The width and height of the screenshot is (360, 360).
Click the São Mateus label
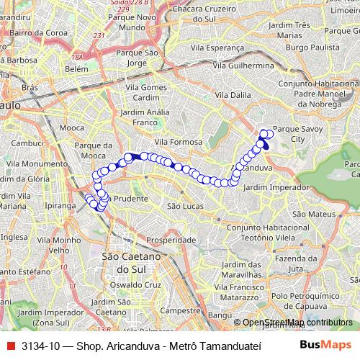311,214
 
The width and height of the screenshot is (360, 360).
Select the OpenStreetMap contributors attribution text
296,323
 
